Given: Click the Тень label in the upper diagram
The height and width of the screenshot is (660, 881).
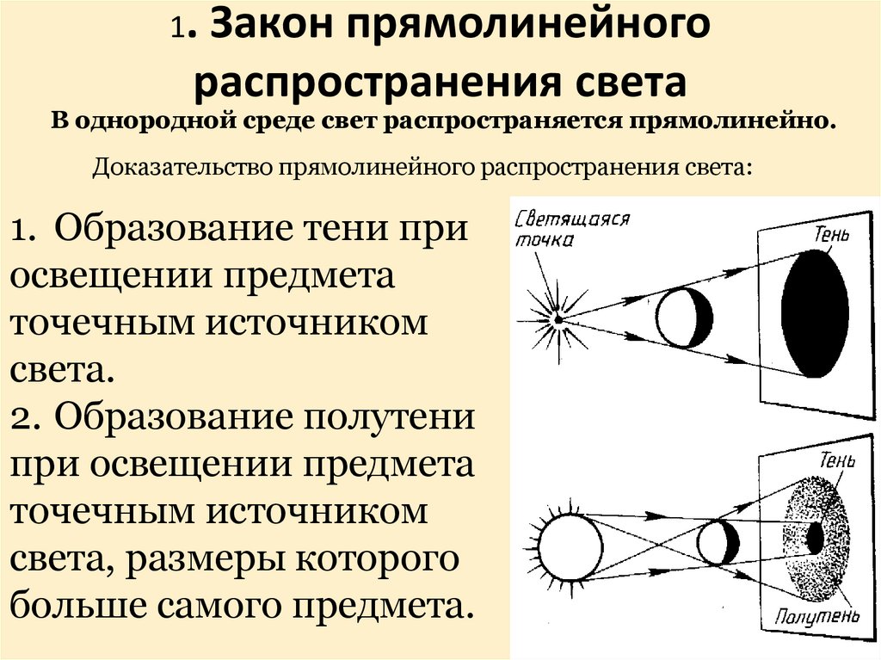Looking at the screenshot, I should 829,233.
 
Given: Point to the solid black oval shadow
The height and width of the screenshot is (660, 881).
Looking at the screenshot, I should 814,313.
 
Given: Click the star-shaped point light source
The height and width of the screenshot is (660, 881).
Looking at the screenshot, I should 557,319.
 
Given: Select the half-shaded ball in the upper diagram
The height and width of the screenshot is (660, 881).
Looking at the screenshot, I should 683,318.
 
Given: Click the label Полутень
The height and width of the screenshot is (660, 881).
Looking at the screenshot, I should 816,616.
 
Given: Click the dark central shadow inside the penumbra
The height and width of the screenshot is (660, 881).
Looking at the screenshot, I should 814,538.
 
